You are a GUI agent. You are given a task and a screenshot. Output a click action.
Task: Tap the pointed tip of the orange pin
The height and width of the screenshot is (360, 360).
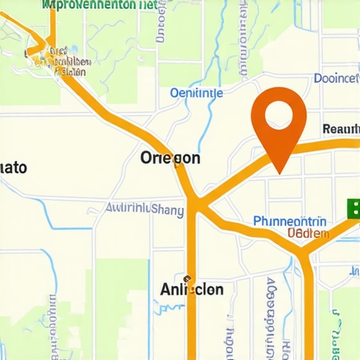click(280, 172)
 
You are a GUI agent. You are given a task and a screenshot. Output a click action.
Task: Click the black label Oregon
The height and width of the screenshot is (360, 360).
click(170, 157)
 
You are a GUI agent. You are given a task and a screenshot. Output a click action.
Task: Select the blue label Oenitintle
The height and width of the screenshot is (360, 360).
click(197, 93)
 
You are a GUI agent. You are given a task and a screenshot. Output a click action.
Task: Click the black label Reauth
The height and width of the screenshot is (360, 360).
click(340, 129)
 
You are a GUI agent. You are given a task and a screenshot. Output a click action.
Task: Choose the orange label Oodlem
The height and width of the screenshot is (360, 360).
click(308, 233)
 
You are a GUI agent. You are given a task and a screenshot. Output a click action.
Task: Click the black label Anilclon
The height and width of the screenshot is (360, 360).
click(192, 289)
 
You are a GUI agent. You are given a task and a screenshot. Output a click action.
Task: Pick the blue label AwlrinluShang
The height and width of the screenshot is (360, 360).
click(144, 209)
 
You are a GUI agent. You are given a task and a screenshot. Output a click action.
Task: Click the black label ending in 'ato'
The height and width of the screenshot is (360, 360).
click(14, 168)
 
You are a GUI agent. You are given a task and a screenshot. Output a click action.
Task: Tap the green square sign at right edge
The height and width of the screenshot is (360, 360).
click(353, 207)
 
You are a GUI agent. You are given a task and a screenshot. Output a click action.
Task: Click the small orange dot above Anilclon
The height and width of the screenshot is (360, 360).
click(188, 277)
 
